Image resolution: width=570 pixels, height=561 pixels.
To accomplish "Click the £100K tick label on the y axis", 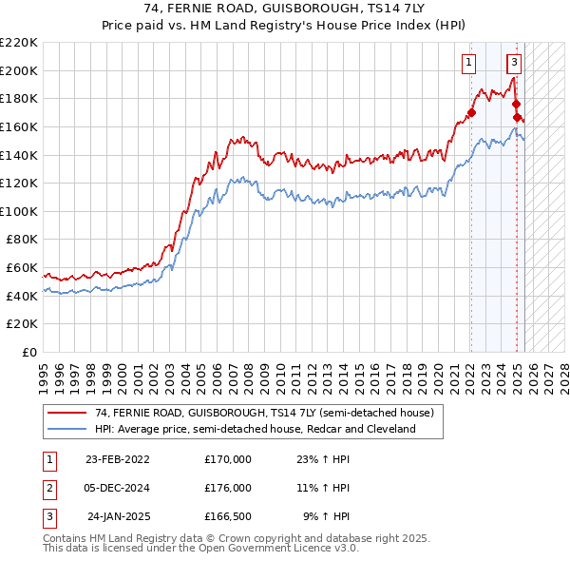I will pyautogui.click(x=19, y=211).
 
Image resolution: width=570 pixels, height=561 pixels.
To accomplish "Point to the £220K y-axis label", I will pyautogui.click(x=19, y=43).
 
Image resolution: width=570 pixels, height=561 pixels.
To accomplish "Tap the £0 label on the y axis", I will pyautogui.click(x=29, y=352).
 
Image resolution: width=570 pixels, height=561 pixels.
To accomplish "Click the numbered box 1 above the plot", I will pyautogui.click(x=469, y=64).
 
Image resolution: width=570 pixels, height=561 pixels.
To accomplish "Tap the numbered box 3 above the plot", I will pyautogui.click(x=514, y=64).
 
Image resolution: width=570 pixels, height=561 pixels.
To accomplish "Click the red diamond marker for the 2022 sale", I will pyautogui.click(x=471, y=113).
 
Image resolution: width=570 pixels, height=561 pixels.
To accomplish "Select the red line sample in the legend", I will pyautogui.click(x=67, y=413).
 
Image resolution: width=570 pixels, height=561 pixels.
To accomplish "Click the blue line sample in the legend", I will pyautogui.click(x=67, y=429).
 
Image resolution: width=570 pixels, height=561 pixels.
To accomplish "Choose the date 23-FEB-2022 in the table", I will pyautogui.click(x=118, y=459).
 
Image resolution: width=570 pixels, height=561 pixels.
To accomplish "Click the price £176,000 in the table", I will pyautogui.click(x=228, y=488).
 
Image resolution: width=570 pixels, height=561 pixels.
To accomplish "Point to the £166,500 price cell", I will pyautogui.click(x=228, y=516).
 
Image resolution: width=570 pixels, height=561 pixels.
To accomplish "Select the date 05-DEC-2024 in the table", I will pyautogui.click(x=118, y=488).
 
